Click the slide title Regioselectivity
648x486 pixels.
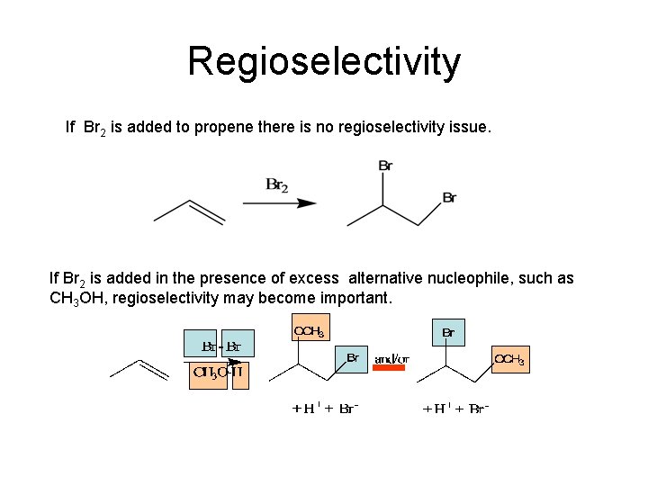coord(324,62)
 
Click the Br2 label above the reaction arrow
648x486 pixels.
coord(277,185)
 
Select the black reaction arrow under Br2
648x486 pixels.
coord(280,203)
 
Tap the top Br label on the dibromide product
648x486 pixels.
coord(385,166)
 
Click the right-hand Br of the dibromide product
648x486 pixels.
coord(449,198)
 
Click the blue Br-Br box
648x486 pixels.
coord(220,346)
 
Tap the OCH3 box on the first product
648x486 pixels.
coord(310,331)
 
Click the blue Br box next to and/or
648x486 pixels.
coord(353,358)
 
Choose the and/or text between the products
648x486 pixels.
coord(391,359)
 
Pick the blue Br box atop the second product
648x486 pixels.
coord(448,333)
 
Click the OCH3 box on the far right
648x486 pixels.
coord(509,359)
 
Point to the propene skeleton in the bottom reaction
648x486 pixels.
coord(139,370)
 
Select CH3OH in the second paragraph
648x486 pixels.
coord(77,298)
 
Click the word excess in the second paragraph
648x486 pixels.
coord(316,278)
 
